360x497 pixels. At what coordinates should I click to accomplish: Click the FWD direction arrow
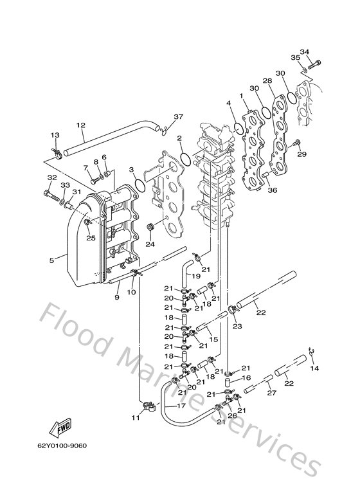[60, 428]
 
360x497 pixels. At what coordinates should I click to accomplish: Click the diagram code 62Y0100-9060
[62, 446]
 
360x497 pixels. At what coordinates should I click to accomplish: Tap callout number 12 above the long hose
[81, 125]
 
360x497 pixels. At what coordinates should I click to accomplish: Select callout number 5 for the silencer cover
[51, 260]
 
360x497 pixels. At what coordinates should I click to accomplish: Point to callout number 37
[179, 116]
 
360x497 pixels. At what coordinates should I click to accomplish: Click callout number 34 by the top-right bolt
[304, 51]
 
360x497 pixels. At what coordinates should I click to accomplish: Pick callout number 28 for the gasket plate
[267, 81]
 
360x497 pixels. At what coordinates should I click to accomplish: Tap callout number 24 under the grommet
[150, 244]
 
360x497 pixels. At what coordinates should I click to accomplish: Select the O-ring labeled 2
[186, 159]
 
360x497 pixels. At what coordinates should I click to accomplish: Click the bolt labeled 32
[51, 196]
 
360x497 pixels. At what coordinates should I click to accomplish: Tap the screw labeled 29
[297, 143]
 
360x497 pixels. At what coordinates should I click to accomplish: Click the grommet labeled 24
[150, 228]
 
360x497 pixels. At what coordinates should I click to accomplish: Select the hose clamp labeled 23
[233, 309]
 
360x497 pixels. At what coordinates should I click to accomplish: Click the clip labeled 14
[312, 351]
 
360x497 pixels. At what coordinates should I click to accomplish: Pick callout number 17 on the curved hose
[181, 406]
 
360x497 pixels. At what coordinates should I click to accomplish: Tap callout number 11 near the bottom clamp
[136, 418]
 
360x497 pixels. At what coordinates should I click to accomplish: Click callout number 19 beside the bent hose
[196, 276]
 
